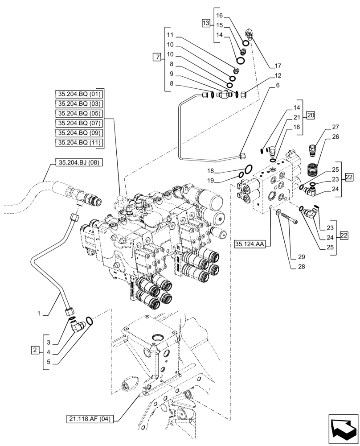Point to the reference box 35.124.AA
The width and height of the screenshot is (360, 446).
pyautogui.click(x=249, y=244)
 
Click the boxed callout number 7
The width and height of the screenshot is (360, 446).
pyautogui.click(x=156, y=57)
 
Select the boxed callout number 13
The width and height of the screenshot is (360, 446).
pyautogui.click(x=205, y=22)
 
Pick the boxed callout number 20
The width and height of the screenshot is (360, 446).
pyautogui.click(x=311, y=116)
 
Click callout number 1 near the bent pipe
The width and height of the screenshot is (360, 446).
pyautogui.click(x=40, y=314)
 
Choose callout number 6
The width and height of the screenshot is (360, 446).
pyautogui.click(x=278, y=85)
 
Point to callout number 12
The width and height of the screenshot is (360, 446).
pyautogui.click(x=278, y=75)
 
